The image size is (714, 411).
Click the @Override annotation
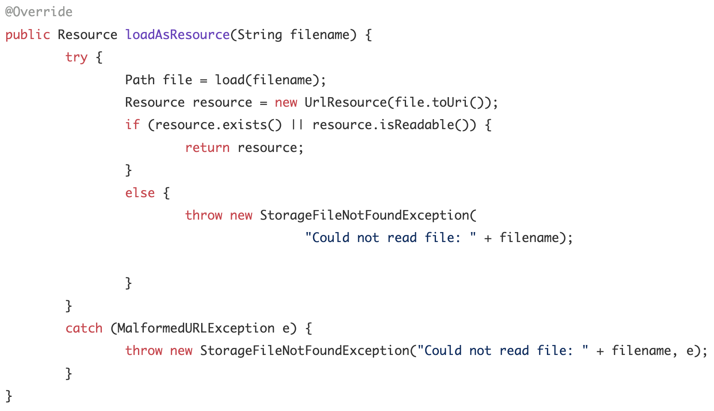pyautogui.click(x=39, y=12)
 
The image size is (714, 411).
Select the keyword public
pyautogui.click(x=27, y=34)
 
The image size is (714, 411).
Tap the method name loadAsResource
pyautogui.click(x=177, y=34)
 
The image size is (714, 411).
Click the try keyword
pyautogui.click(x=76, y=57)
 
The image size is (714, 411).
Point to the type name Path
pyautogui.click(x=140, y=80)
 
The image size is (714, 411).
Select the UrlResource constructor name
pyautogui.click(x=345, y=102)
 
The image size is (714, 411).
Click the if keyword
pyautogui.click(x=132, y=125)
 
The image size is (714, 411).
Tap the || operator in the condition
pyautogui.click(x=297, y=125)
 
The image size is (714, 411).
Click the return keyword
pyautogui.click(x=207, y=147)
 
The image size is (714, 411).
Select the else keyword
pyautogui.click(x=140, y=193)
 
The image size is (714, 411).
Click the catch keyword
pyautogui.click(x=84, y=328)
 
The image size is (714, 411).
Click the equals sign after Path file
pyautogui.click(x=203, y=81)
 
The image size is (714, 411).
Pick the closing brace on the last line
pyautogui.click(x=9, y=396)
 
